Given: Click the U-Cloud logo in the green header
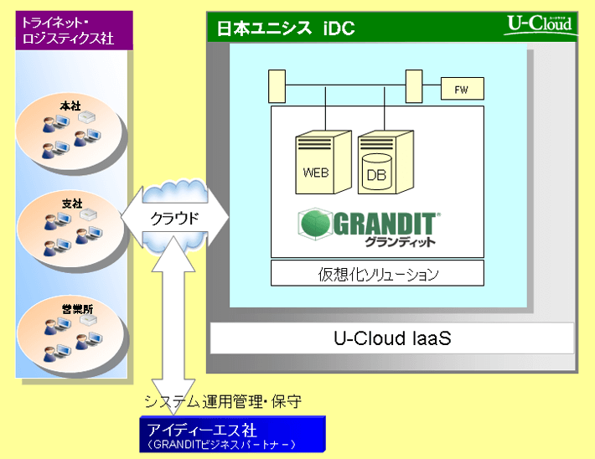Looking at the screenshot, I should click(x=539, y=23).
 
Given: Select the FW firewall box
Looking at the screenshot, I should click(x=461, y=88).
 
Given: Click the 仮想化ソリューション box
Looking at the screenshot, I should click(x=377, y=273).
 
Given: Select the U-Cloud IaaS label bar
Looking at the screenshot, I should click(x=391, y=338).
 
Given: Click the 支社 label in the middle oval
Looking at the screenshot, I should click(x=71, y=204).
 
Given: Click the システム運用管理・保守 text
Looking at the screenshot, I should click(x=222, y=402).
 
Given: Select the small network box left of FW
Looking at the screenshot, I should click(x=412, y=85).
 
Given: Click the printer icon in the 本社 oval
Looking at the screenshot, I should click(x=86, y=118).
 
